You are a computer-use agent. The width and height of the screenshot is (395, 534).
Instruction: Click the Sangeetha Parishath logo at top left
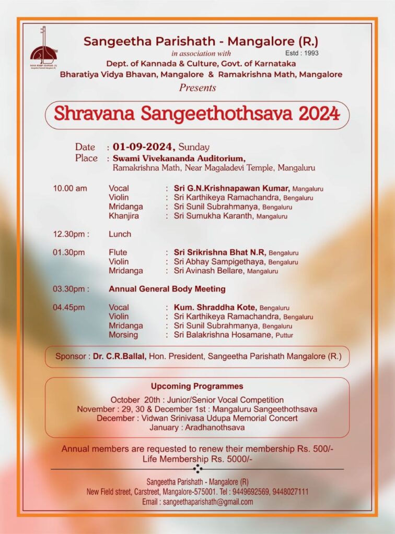point(43,49)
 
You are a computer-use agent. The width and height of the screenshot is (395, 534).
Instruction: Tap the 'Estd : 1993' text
point(301,53)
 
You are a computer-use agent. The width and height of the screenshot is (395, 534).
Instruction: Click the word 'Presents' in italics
point(197,87)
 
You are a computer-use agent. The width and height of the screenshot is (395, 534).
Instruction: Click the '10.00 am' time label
point(70,188)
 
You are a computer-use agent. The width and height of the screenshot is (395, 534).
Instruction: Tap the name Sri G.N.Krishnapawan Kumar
point(232,188)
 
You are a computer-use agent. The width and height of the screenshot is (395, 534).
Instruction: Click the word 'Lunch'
point(120,234)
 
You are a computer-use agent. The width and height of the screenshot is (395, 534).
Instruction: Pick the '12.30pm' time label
point(71,234)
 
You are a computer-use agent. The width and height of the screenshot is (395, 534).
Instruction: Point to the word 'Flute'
point(118,252)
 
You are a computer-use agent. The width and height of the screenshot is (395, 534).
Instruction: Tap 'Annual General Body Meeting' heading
point(167,289)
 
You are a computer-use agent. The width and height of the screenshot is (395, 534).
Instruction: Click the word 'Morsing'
point(123,335)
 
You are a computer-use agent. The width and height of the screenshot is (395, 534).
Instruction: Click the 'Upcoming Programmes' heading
point(197,386)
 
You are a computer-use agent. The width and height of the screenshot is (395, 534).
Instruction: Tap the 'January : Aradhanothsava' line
point(197,428)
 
